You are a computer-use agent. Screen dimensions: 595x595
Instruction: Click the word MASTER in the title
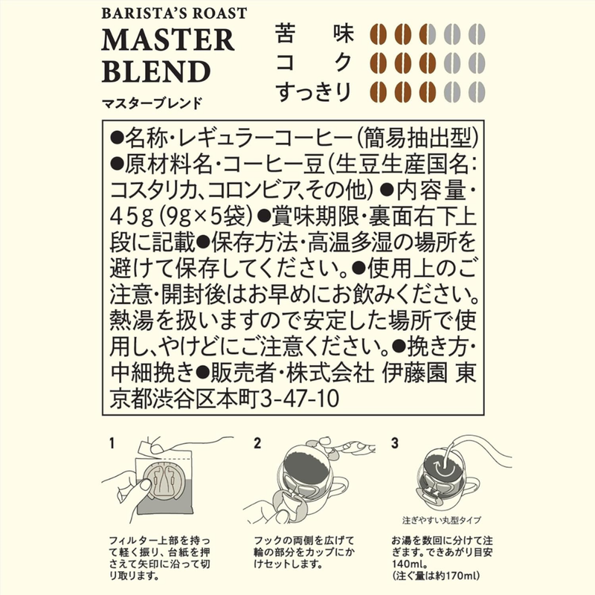tap(168, 40)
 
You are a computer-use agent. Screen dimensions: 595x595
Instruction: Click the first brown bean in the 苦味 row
tap(378, 34)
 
